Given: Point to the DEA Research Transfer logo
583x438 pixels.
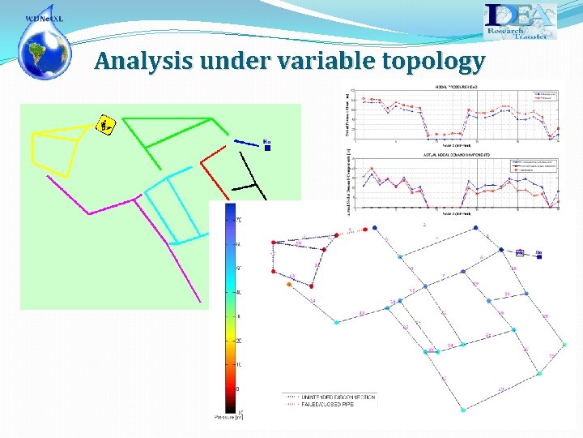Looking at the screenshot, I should [520, 21].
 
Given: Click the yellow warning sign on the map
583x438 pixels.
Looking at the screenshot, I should [105, 125].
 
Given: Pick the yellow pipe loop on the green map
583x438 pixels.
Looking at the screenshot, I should [57, 150].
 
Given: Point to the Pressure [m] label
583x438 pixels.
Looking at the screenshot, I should [227, 416].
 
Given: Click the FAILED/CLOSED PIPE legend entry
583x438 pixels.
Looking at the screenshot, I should [327, 403].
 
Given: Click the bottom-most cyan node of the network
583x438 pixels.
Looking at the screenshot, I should [462, 410].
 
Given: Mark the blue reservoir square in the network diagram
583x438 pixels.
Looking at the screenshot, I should [520, 253].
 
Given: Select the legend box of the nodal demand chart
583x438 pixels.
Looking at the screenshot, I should [535, 165].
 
